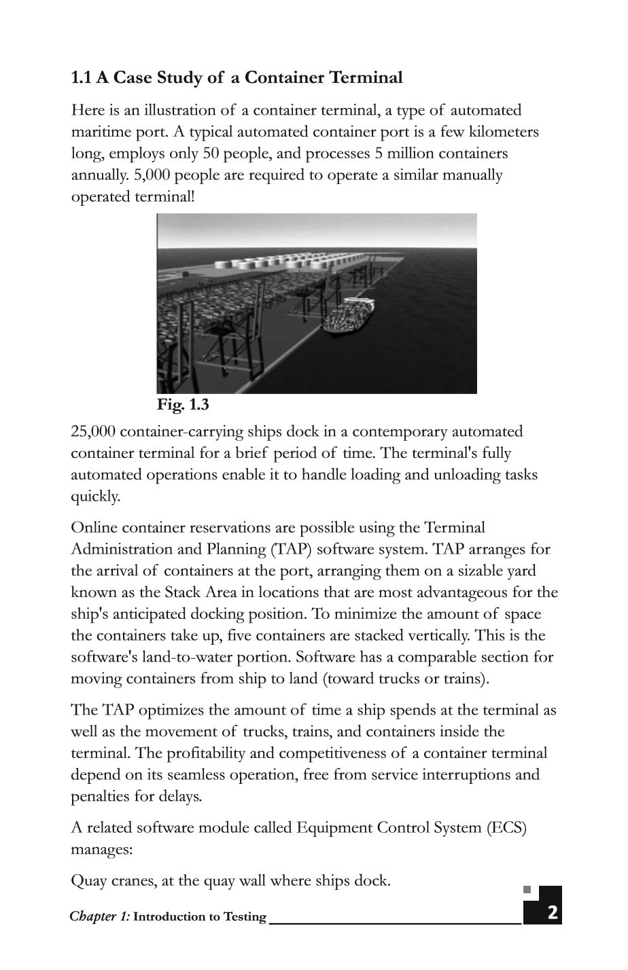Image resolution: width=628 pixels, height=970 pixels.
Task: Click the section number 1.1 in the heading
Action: click(x=82, y=78)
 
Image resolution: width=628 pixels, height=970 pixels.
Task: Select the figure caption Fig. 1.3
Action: click(x=183, y=405)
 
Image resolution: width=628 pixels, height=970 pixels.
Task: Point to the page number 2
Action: click(x=552, y=912)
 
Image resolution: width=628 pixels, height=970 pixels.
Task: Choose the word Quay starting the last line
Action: click(x=89, y=882)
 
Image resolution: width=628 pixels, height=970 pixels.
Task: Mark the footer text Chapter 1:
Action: click(x=99, y=916)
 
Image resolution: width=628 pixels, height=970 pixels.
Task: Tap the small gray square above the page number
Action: click(x=527, y=889)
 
